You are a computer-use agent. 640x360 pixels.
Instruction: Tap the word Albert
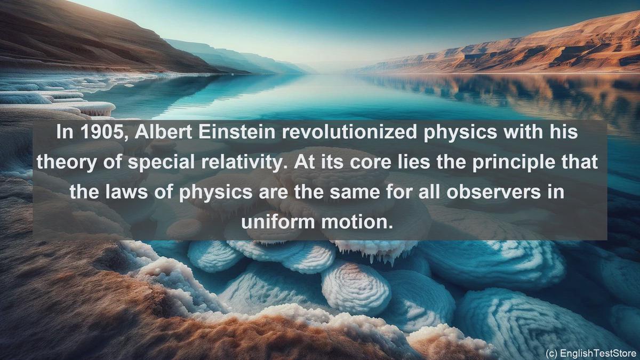coord(163,132)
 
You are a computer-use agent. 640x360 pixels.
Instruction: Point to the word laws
coord(126,192)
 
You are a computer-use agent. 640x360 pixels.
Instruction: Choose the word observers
coord(493,192)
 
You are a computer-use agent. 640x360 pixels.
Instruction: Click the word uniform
coord(278,222)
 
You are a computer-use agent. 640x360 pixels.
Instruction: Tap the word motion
coord(357,222)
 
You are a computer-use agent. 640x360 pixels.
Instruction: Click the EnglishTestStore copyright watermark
coord(591,353)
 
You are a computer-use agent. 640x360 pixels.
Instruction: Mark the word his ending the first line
coord(563,132)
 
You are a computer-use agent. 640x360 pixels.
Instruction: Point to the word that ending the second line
coord(582,162)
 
